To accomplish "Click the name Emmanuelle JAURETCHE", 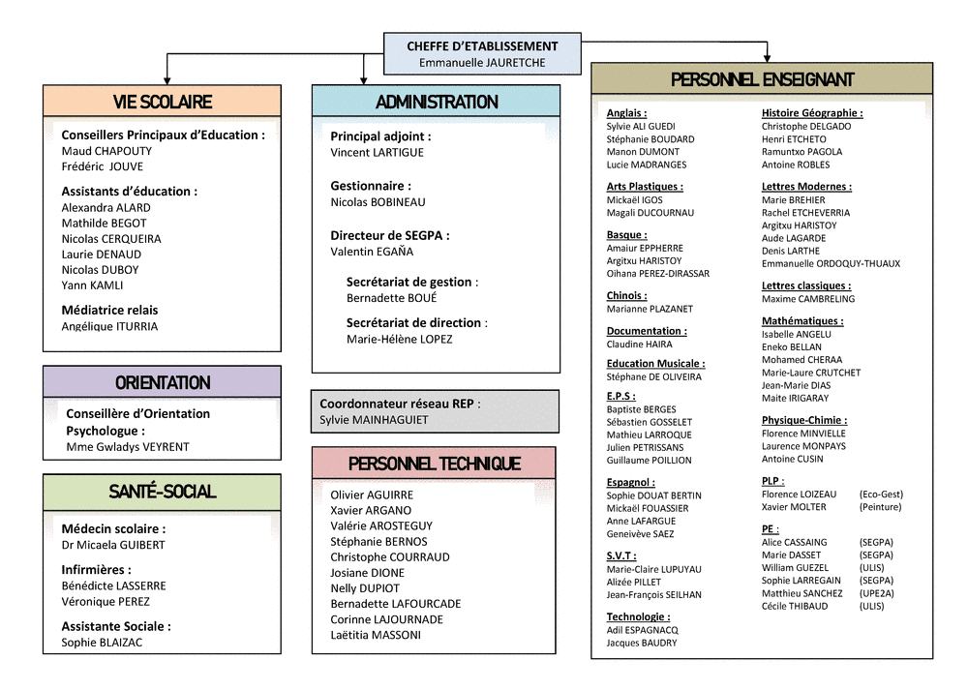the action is [482, 62].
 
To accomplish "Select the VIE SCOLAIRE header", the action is [163, 102].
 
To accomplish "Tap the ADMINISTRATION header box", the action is [436, 102].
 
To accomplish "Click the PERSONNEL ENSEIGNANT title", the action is [762, 79].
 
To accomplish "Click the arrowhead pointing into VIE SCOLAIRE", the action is [166, 81].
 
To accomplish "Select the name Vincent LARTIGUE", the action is [377, 153].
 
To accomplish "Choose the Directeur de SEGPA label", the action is [389, 235].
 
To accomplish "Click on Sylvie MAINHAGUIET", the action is [374, 420].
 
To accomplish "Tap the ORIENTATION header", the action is [163, 382].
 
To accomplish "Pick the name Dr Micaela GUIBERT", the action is [113, 545].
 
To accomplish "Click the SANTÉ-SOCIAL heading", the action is [163, 492].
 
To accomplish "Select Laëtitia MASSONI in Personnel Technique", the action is [376, 635].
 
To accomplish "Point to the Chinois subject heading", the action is [626, 295].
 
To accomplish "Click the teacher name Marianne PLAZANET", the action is [650, 309].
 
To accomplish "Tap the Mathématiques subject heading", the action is [802, 321].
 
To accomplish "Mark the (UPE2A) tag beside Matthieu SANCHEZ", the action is [877, 593].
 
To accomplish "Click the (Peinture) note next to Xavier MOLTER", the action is [880, 507].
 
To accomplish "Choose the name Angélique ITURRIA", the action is [109, 326].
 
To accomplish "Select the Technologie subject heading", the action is [638, 616].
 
